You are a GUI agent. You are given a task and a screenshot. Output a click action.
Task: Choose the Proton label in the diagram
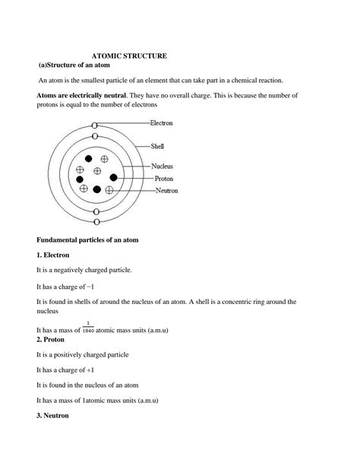pos(164,179)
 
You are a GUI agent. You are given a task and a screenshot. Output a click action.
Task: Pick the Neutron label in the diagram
pos(166,191)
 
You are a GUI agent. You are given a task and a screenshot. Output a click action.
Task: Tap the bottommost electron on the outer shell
pos(96,222)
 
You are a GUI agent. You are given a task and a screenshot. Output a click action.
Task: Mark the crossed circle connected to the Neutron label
pos(109,190)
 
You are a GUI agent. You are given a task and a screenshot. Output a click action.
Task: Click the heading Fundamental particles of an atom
pos(98,239)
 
